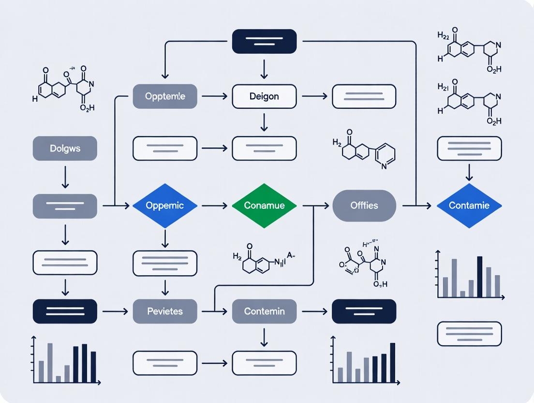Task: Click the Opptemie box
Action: pyautogui.click(x=165, y=96)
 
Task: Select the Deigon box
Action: pyautogui.click(x=264, y=96)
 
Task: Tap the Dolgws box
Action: pyautogui.click(x=65, y=148)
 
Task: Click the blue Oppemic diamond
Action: pyautogui.click(x=165, y=205)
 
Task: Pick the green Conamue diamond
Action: pyautogui.click(x=264, y=205)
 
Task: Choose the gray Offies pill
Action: pyautogui.click(x=364, y=205)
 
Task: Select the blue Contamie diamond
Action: pyautogui.click(x=469, y=205)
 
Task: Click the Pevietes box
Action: pyautogui.click(x=165, y=311)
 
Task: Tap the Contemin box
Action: pyautogui.click(x=264, y=311)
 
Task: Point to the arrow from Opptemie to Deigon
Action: pyautogui.click(x=214, y=96)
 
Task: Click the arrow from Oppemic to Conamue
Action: pyautogui.click(x=214, y=206)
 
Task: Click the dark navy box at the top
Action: pyautogui.click(x=264, y=41)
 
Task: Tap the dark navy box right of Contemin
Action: pyautogui.click(x=364, y=311)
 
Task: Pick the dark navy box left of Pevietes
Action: pyautogui.click(x=65, y=311)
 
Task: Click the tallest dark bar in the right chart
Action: pyautogui.click(x=480, y=276)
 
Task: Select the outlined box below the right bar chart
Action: pyautogui.click(x=469, y=334)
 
